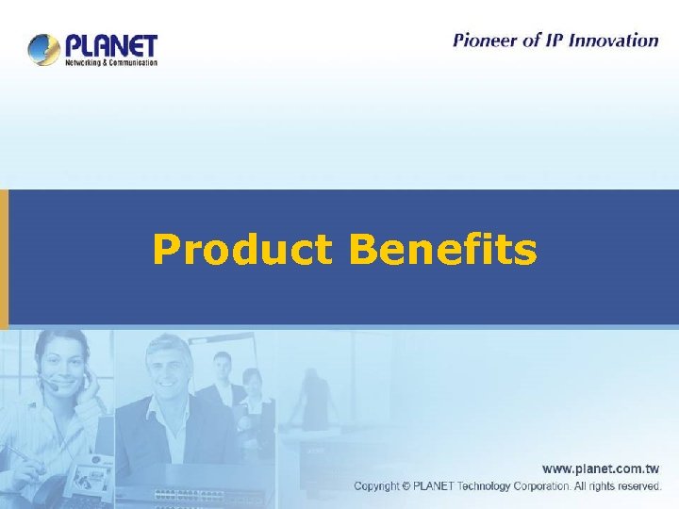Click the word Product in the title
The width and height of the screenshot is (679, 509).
point(241,251)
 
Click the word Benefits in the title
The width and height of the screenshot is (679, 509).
point(442,251)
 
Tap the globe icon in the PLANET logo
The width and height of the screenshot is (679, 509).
point(43,49)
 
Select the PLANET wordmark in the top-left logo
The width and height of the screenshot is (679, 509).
point(110,45)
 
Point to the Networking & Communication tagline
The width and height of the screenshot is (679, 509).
point(110,63)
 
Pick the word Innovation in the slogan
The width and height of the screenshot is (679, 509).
point(613,41)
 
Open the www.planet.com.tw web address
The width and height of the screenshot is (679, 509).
point(600,468)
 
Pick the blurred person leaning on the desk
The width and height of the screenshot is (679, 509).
point(313,401)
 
